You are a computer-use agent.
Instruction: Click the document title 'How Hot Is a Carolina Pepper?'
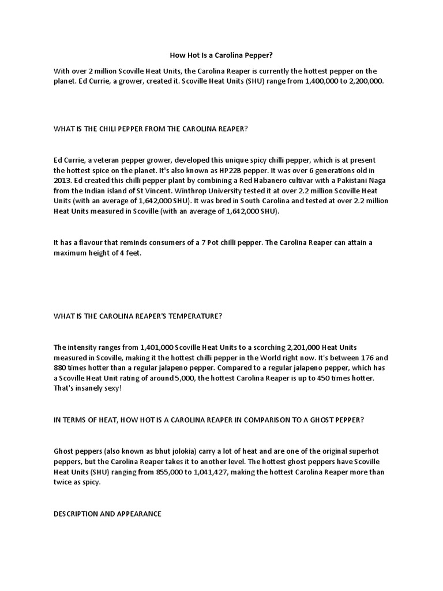pyautogui.click(x=221, y=56)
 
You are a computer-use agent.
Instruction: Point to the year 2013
pyautogui.click(x=63, y=180)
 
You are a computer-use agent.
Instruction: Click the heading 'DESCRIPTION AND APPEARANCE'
pyautogui.click(x=107, y=513)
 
